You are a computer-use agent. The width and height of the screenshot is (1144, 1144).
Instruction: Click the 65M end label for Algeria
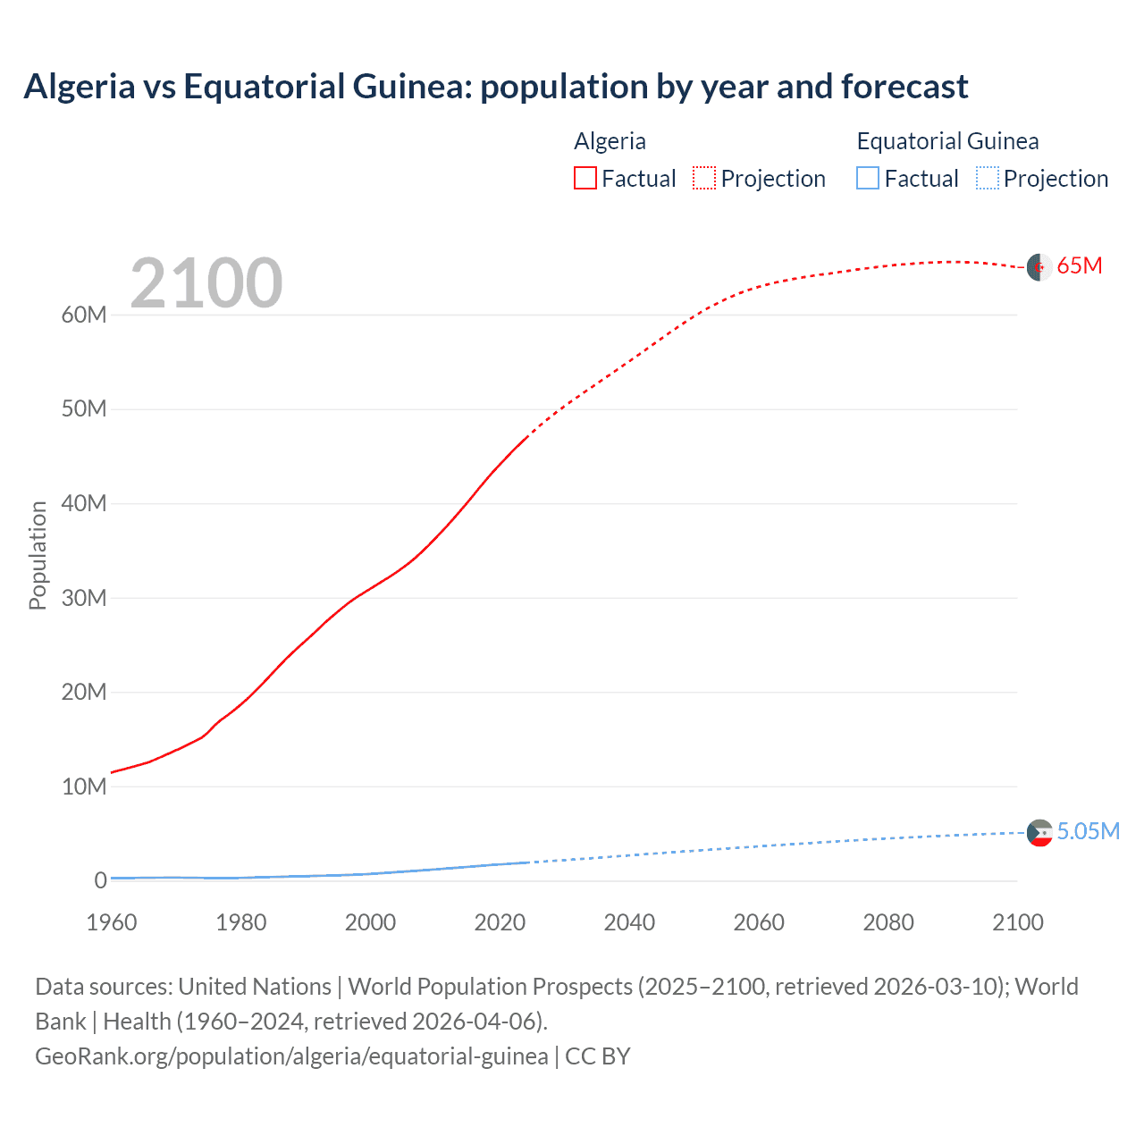(1079, 265)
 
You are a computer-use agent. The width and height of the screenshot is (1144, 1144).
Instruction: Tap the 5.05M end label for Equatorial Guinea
(1088, 831)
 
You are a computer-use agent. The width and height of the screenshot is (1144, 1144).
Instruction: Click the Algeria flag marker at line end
(1039, 267)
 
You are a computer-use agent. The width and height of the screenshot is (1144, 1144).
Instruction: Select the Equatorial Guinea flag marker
(1039, 833)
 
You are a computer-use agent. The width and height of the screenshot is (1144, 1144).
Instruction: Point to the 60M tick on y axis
(84, 315)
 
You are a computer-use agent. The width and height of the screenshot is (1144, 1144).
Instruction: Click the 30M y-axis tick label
(84, 598)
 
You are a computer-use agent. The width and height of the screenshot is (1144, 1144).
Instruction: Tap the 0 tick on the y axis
(100, 880)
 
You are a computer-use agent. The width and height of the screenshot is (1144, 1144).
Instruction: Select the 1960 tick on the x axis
(112, 922)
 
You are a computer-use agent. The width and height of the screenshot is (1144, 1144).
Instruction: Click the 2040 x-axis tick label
(629, 922)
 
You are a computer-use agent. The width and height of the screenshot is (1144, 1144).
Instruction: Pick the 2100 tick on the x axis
(1017, 922)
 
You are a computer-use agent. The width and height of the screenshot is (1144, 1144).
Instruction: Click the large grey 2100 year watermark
(206, 283)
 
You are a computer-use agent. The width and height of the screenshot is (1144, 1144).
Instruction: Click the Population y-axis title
(38, 555)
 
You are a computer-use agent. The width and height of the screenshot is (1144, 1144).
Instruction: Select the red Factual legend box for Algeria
(585, 178)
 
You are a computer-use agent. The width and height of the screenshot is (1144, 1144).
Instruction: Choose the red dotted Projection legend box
(704, 178)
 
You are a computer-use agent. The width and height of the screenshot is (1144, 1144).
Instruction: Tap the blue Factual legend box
(868, 178)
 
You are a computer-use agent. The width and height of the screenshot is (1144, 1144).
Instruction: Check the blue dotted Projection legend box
(988, 178)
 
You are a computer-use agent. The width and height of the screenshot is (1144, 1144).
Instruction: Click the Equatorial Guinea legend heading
(947, 141)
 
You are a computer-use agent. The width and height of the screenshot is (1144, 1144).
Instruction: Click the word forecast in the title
(904, 87)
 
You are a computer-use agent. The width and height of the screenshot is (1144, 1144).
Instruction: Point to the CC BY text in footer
(598, 1056)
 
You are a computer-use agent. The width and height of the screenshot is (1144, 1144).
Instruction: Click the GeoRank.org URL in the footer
(291, 1056)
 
